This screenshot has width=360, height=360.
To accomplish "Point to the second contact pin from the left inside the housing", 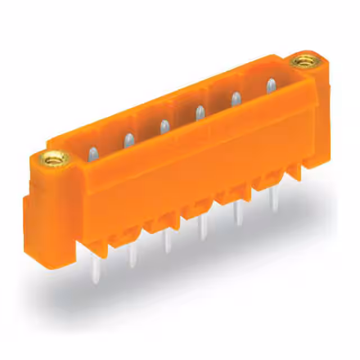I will point(128,139).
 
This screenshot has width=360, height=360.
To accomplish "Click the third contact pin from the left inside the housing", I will point(164,127).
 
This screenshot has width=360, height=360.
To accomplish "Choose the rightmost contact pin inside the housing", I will point(271,85).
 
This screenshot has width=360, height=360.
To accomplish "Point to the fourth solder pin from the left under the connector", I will point(204,228).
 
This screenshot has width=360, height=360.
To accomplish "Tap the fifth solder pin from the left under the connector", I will point(238,214).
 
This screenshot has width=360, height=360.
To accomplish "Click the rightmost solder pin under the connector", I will point(274,200).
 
